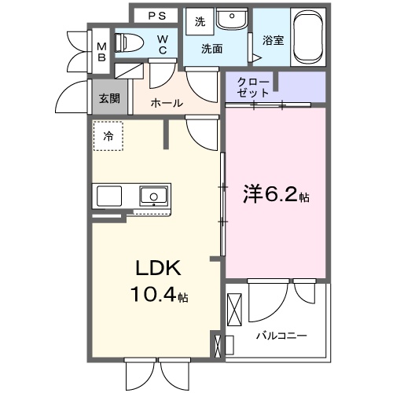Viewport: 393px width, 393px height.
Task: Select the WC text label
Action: point(161,45)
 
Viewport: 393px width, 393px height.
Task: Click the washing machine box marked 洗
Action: point(200,22)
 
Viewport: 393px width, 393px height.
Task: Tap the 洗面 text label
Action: point(211,49)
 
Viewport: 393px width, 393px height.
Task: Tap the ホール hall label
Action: point(166,103)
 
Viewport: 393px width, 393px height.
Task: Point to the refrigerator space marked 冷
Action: point(108,135)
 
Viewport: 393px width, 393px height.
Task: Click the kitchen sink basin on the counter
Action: point(152,195)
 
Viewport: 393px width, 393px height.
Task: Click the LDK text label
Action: point(159,270)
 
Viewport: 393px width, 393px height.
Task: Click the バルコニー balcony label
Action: point(281,336)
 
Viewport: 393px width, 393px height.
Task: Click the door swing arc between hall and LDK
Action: point(201,131)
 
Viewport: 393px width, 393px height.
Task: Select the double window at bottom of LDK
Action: point(159,369)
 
